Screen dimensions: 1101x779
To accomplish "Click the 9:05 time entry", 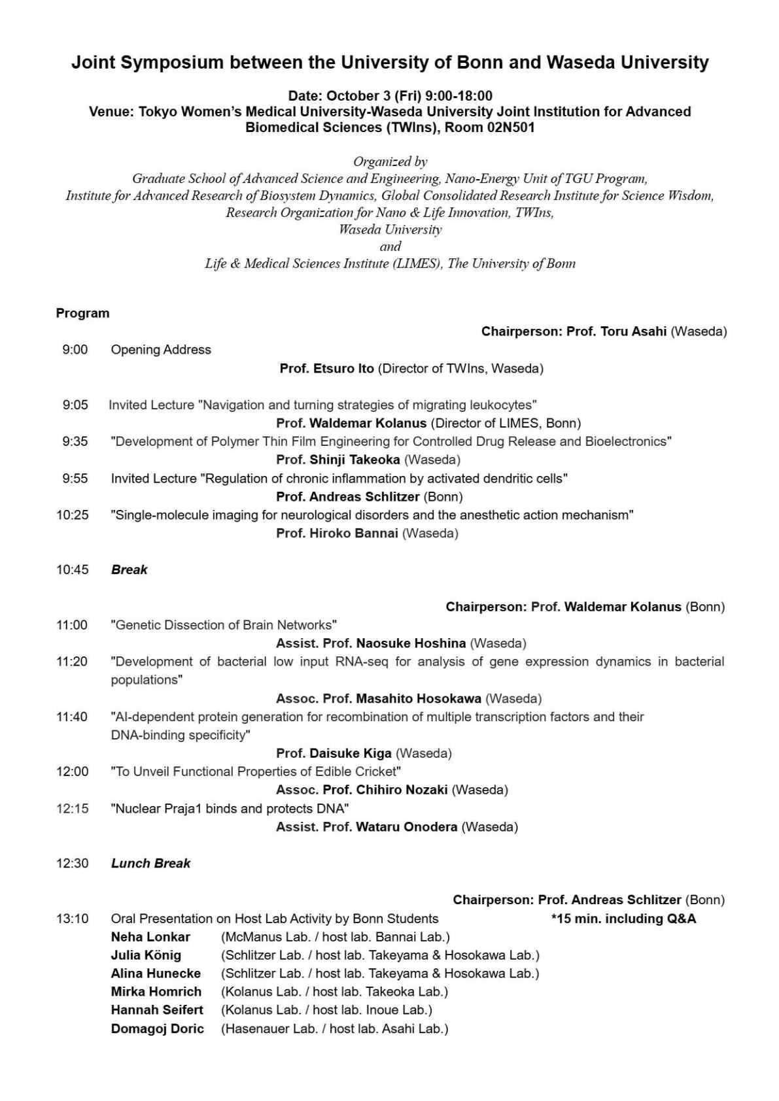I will pyautogui.click(x=75, y=405).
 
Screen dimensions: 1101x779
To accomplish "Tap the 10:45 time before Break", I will pyautogui.click(x=72, y=569).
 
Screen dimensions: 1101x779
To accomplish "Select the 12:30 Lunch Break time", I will pyautogui.click(x=72, y=863).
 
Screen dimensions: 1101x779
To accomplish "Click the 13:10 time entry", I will pyautogui.click(x=72, y=919).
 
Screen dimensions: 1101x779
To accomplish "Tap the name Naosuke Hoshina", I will pyautogui.click(x=411, y=643).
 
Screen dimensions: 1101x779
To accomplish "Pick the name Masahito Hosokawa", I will pyautogui.click(x=419, y=698).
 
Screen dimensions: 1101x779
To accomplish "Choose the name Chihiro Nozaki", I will pyautogui.click(x=402, y=790).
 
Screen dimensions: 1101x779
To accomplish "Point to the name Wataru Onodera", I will pyautogui.click(x=406, y=826).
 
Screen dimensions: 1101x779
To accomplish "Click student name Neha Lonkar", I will pyautogui.click(x=150, y=937).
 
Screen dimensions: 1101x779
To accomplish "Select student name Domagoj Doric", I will pyautogui.click(x=157, y=1028).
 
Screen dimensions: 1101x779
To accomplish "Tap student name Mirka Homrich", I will pyautogui.click(x=156, y=992).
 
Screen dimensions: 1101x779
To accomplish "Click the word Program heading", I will pyautogui.click(x=82, y=313).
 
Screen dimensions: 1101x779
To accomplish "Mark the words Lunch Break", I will pyautogui.click(x=150, y=863).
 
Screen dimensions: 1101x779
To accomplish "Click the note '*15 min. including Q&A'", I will pyautogui.click(x=623, y=919).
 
